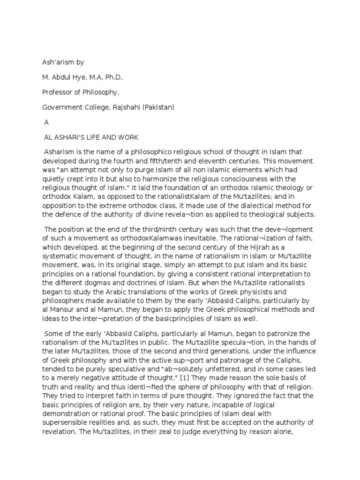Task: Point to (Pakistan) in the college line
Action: click(x=159, y=107)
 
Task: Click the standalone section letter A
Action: click(x=46, y=122)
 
